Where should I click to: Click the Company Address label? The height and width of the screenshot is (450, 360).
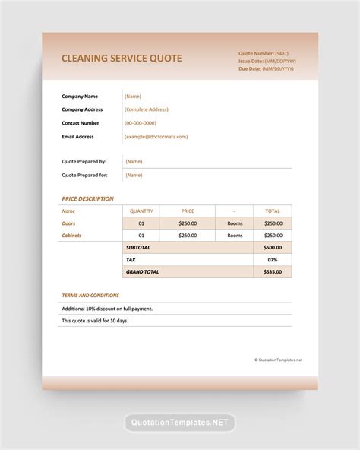[82, 109]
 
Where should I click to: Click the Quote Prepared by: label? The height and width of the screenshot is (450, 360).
[84, 161]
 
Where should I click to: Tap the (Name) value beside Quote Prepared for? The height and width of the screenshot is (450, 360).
[134, 175]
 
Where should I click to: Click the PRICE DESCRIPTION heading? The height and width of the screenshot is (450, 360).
[87, 198]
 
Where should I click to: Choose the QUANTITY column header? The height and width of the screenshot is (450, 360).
[141, 211]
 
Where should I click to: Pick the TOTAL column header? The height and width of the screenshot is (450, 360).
[272, 211]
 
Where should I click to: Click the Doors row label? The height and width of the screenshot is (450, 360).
[69, 223]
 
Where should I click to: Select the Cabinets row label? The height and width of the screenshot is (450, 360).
[71, 236]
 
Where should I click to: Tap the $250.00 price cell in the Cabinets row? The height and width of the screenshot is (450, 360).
[188, 236]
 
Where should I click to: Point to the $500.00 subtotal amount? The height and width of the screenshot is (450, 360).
[272, 248]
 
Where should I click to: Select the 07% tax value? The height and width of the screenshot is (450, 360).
[272, 260]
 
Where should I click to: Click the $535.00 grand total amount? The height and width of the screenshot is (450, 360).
[272, 271]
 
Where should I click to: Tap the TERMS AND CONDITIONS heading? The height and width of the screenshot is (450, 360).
[90, 295]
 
